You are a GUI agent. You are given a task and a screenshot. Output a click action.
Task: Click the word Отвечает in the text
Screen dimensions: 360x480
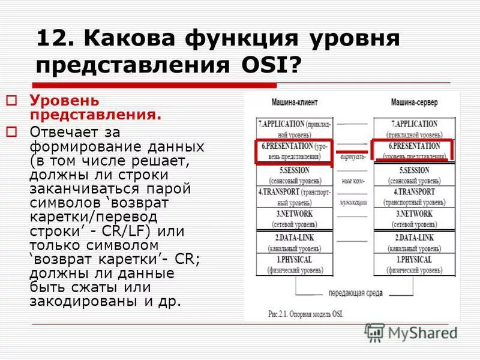(x=68, y=131)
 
